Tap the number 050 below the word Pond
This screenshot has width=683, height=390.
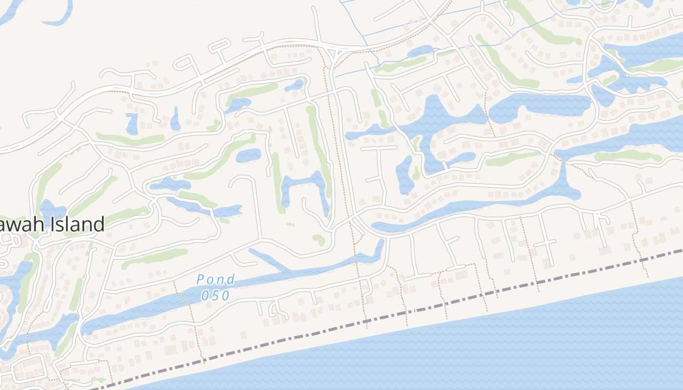pos(215,295)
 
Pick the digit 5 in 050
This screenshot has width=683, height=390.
pos(215,295)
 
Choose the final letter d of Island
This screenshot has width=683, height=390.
pos(99,225)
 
